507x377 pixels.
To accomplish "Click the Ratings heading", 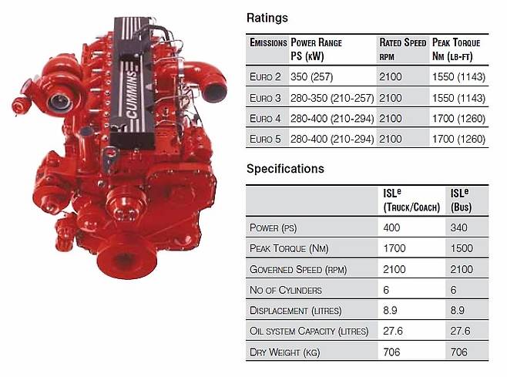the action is tap(267, 18).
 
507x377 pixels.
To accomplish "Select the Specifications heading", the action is tap(285, 169).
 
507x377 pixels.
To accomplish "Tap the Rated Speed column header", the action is tap(402, 49).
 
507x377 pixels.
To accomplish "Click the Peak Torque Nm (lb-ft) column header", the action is tap(456, 49).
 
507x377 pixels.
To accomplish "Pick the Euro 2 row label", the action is tap(265, 76).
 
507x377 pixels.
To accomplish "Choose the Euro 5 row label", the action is tap(265, 139).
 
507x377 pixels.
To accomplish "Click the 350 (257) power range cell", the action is tap(312, 76).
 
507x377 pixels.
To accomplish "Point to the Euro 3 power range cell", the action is tap(332, 98).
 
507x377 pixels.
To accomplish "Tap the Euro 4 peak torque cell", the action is tap(458, 119).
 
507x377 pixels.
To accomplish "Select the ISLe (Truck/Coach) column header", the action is tap(411, 200).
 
